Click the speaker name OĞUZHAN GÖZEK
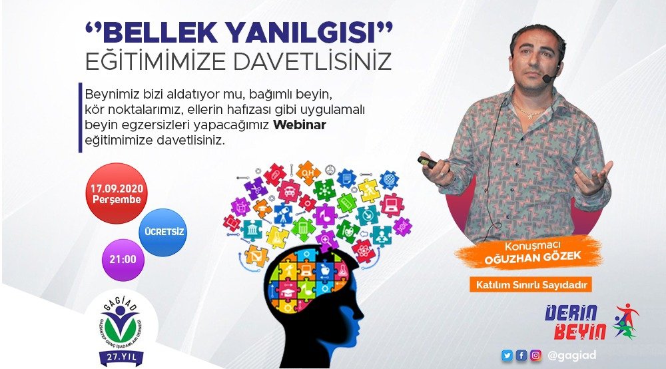tap(527, 256)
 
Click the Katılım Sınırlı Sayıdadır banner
tap(531, 286)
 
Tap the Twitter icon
tap(507, 356)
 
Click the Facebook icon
tap(521, 356)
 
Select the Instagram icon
tap(535, 356)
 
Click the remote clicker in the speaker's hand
tap(427, 161)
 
